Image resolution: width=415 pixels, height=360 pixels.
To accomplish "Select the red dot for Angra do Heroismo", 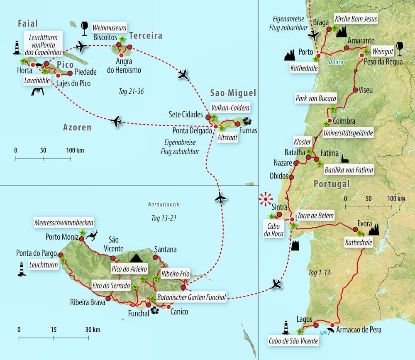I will click(122, 55).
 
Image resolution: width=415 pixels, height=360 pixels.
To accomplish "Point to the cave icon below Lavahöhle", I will click(38, 91).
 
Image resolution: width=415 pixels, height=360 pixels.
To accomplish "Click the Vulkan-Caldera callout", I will click(230, 108).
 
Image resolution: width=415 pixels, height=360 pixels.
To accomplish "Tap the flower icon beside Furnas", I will click(248, 121).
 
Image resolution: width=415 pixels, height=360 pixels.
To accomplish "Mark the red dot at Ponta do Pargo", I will click(61, 255).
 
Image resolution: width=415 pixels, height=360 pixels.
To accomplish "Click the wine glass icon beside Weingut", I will click(400, 48).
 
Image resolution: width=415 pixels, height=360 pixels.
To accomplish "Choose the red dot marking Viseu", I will click(355, 90).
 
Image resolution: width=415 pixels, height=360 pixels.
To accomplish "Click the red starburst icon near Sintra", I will click(266, 199).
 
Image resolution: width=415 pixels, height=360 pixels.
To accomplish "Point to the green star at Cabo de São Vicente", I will click(299, 331).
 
